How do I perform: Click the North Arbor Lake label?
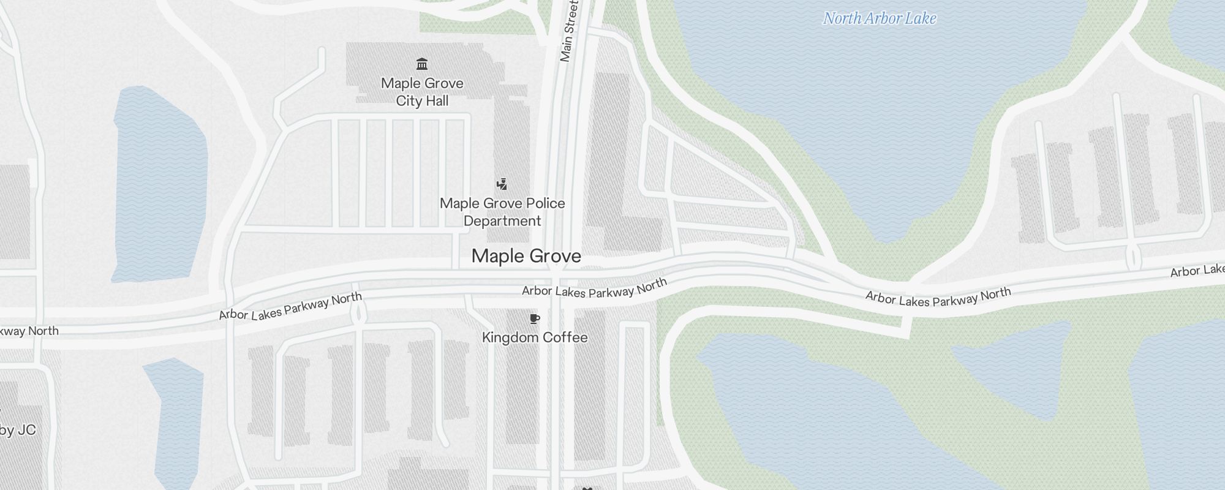pos(879,18)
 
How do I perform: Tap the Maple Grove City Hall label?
pos(422,92)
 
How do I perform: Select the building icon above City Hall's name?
pos(422,64)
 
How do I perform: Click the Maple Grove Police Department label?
pos(502,212)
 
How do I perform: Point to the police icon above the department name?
pos(502,184)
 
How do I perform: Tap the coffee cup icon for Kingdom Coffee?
pos(535,318)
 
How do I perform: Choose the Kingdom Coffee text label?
pos(535,337)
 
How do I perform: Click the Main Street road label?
pos(569,31)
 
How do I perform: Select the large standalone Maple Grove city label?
pos(526,256)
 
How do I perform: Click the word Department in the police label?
pos(502,221)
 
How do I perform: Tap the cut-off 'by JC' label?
pos(18,430)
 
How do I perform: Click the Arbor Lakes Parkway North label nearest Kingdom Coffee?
pos(594,288)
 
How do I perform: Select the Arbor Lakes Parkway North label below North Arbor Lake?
pos(938,297)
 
